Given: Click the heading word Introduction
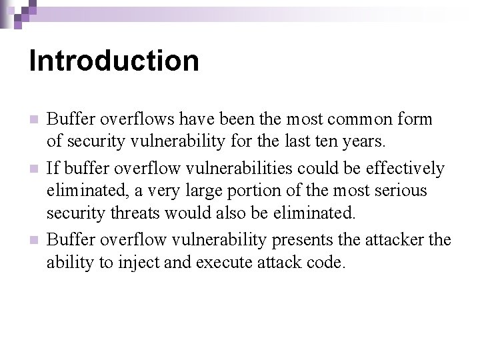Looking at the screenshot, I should coord(114,61).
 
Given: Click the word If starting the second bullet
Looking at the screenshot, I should coord(53,167).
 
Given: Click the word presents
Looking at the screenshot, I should coord(304,239).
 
